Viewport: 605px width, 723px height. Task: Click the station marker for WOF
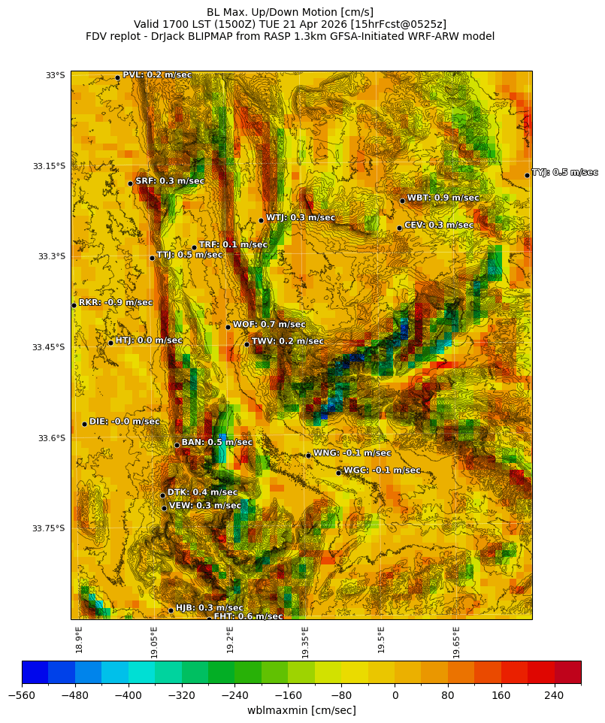(x=228, y=327)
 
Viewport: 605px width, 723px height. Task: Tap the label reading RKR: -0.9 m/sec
(x=116, y=303)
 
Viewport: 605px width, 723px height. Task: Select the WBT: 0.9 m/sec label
(x=443, y=198)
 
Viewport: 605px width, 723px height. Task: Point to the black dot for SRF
(x=130, y=183)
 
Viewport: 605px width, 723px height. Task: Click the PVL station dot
(x=117, y=77)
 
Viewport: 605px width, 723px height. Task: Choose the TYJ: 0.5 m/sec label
(x=564, y=173)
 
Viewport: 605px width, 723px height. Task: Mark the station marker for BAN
(x=177, y=445)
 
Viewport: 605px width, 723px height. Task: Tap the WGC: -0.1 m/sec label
(x=382, y=470)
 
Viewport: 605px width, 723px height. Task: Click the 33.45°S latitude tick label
(x=49, y=347)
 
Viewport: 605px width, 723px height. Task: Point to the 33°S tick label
(x=56, y=75)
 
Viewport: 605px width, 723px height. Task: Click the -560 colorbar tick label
(x=22, y=695)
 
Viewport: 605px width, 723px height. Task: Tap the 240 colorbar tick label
(x=554, y=695)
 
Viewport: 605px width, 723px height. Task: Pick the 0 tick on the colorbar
(x=395, y=695)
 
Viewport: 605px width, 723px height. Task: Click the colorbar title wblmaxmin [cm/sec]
(x=301, y=710)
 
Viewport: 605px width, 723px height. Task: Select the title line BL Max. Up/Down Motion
(x=290, y=12)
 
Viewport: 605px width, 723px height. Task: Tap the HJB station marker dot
(x=171, y=610)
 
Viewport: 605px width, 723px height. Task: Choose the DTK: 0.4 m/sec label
(x=202, y=492)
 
